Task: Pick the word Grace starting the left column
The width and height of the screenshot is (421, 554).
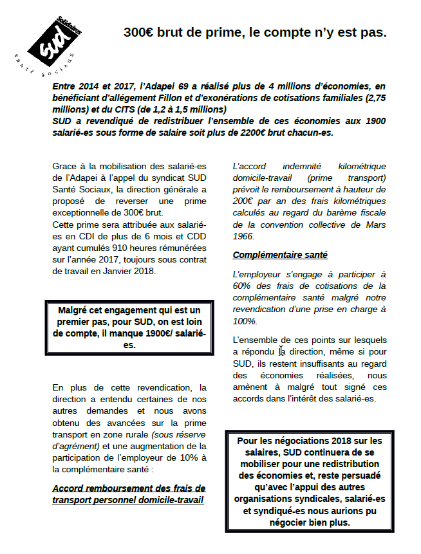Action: [65, 165]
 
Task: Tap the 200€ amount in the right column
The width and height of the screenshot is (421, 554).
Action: [245, 201]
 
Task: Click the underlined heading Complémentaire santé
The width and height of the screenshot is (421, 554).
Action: [280, 255]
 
